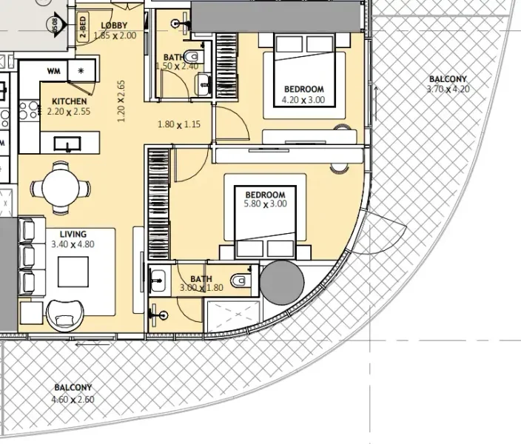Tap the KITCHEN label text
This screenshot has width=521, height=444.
tap(70, 101)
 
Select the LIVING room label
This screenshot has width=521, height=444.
tap(73, 232)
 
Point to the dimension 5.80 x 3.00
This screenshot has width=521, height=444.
tap(265, 203)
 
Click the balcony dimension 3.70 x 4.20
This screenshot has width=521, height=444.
tap(448, 89)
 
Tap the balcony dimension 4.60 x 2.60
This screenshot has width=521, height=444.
tap(73, 400)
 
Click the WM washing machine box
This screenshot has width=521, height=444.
tap(53, 71)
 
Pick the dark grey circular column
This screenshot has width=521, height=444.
tap(283, 283)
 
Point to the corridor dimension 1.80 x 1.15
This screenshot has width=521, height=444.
tap(179, 125)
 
